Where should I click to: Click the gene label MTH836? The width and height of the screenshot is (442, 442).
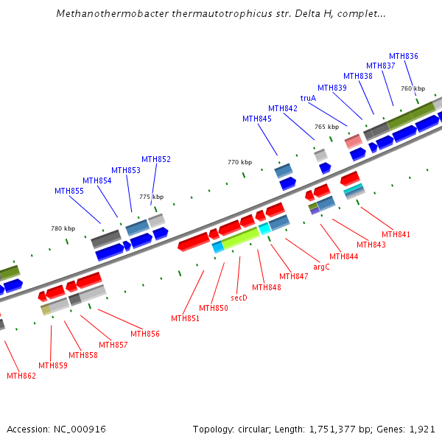coord(403,56)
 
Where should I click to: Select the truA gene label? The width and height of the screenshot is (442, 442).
coord(308,98)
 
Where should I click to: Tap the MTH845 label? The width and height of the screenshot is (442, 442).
coord(257,119)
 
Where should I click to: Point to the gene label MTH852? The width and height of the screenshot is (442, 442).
coord(156,159)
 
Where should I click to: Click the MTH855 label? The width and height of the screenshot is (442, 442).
coord(69,191)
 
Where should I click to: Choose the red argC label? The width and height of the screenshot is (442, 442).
coord(321,267)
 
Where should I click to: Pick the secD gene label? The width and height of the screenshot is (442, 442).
coord(239,298)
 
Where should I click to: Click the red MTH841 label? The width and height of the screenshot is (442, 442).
coord(396,234)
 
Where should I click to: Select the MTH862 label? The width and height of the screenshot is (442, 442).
coord(21,376)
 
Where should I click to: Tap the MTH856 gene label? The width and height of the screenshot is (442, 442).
coord(145,334)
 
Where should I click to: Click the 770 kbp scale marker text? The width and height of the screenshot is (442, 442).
coord(239,162)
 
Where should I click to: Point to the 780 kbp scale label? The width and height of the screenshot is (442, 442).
coord(63,228)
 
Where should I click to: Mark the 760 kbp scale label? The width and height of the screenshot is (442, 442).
coord(413,88)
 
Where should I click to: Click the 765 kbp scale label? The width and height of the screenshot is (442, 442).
coord(326,127)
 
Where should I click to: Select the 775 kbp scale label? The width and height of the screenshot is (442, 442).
coord(151,197)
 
